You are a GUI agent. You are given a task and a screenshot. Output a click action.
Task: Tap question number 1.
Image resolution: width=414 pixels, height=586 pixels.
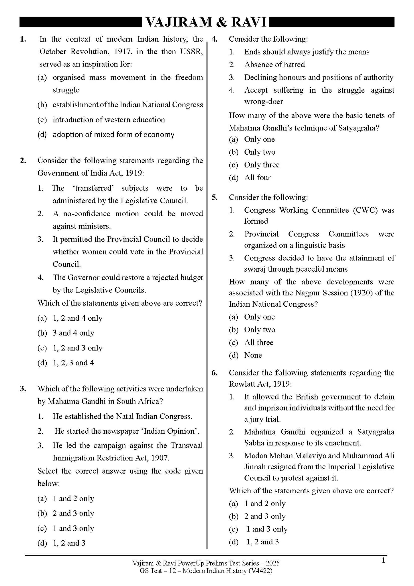(x=23, y=39)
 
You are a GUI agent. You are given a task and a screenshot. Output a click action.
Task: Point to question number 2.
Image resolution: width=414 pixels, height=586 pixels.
(x=23, y=161)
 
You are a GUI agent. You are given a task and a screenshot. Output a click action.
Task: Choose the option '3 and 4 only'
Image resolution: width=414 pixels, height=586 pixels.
(x=73, y=333)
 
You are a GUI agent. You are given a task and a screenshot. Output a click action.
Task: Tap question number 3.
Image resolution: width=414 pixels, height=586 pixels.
(x=23, y=389)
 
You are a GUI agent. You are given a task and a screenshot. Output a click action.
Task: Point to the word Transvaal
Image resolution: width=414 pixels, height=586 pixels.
(x=187, y=445)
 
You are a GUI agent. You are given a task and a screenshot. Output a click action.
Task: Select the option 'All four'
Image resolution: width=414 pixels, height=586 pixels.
(x=257, y=178)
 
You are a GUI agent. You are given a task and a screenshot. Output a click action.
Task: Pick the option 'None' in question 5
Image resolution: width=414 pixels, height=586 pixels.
(x=253, y=355)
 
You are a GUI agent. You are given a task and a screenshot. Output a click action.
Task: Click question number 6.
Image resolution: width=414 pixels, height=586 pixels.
(x=215, y=373)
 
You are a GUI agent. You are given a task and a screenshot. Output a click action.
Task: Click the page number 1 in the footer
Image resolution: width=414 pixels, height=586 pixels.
(x=383, y=560)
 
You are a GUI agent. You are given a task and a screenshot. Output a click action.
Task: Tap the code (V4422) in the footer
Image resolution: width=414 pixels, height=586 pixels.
(x=260, y=571)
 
